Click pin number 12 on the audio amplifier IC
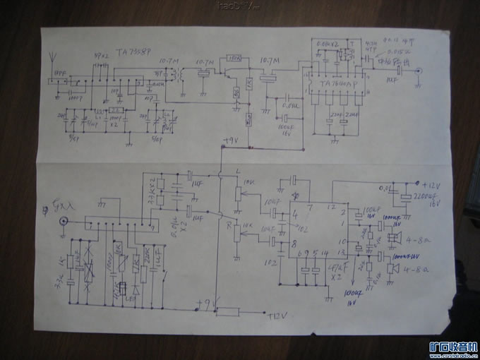click(330, 206)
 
